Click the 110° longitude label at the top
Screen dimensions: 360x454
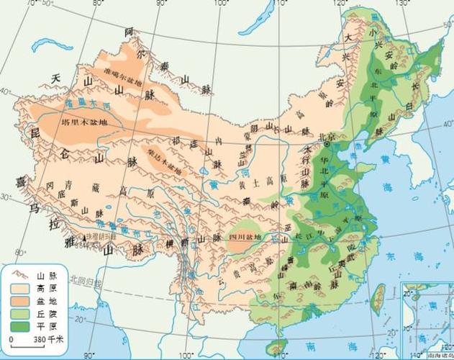(x=265, y=5)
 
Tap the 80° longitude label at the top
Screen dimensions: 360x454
(x=99, y=5)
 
